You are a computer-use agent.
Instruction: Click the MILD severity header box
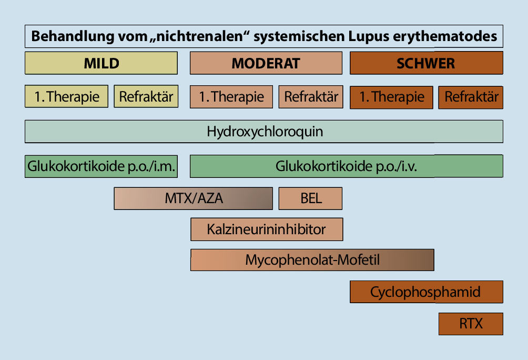click(101, 63)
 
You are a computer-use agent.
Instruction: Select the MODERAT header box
click(266, 63)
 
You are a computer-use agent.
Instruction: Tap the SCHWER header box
click(427, 63)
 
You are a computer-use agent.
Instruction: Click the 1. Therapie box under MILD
click(66, 97)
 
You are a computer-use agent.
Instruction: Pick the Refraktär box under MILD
click(146, 97)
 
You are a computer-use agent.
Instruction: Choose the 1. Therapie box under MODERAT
click(231, 97)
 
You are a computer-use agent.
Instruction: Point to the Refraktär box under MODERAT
click(311, 97)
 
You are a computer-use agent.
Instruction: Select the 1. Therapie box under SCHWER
click(391, 97)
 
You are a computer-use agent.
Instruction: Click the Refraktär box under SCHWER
click(471, 97)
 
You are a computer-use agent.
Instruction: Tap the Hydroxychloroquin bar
click(264, 132)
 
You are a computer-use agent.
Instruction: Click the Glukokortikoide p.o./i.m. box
click(101, 166)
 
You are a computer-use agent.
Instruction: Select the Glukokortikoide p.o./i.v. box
click(346, 166)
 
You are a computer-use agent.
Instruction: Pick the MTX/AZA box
click(194, 198)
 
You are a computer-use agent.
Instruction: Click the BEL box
click(311, 198)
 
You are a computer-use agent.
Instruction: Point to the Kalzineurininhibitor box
click(267, 229)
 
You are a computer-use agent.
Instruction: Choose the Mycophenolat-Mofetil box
click(312, 260)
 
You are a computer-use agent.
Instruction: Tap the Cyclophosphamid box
click(427, 292)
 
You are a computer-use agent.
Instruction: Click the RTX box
click(471, 323)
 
